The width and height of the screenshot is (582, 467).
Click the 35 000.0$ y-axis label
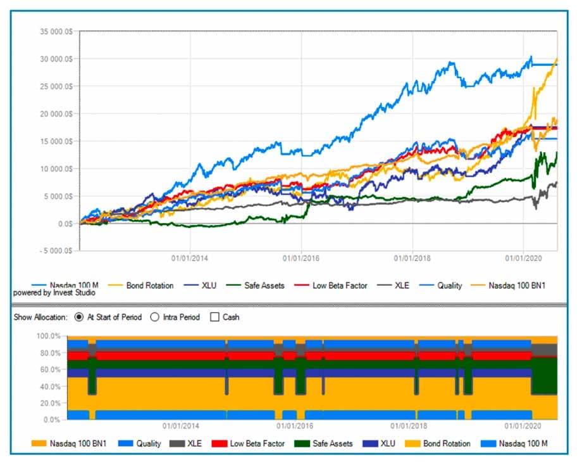click(x=55, y=31)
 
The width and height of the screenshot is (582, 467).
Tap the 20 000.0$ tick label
click(x=55, y=113)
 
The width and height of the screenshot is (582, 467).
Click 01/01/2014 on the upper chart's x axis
click(x=191, y=259)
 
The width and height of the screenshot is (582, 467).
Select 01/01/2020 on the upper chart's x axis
click(x=523, y=259)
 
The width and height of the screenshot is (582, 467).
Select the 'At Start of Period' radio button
click(x=80, y=317)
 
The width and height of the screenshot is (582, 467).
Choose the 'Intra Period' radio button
click(x=155, y=317)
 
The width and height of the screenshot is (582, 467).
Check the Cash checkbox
click(x=215, y=317)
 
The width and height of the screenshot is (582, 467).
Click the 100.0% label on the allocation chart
click(x=50, y=336)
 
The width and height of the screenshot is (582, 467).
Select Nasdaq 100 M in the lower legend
click(x=490, y=444)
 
